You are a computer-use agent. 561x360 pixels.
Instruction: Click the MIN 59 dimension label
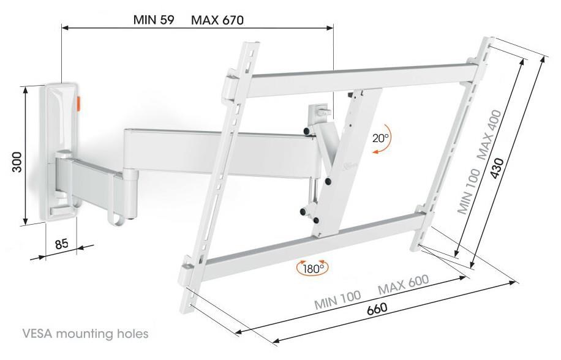(x=154, y=20)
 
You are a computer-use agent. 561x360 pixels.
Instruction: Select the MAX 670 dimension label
(x=217, y=20)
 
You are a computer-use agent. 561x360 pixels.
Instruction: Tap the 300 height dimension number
(x=17, y=162)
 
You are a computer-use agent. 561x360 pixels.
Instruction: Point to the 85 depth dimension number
(x=61, y=244)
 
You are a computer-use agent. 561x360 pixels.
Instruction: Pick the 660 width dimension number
(x=377, y=308)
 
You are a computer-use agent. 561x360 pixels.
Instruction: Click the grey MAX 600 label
(x=403, y=284)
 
